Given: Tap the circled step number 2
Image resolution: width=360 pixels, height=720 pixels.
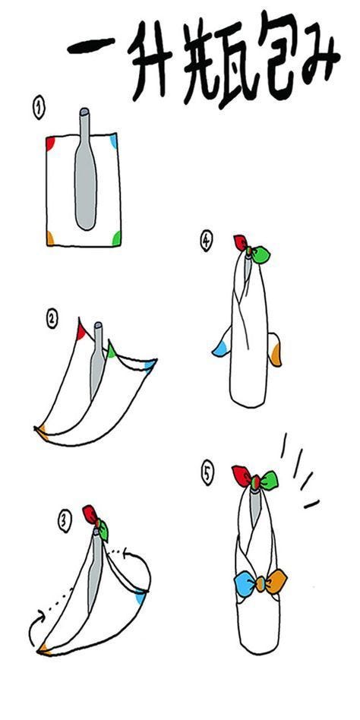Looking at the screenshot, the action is pos(52,318).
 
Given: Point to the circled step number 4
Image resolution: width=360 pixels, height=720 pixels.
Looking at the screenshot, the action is pos(207,241).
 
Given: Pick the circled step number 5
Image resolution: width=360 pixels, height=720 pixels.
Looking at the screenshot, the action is pos(207,474).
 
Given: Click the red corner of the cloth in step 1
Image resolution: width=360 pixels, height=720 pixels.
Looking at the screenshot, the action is pos(50,144).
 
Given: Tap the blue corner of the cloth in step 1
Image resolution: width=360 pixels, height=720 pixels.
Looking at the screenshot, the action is pos(114,141).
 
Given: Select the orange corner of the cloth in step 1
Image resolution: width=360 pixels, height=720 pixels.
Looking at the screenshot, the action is pos(50,238).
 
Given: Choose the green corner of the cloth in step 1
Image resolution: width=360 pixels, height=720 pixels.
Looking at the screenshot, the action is pos(117,238).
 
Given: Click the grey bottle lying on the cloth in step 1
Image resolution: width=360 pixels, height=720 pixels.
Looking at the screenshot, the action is pos(85,170).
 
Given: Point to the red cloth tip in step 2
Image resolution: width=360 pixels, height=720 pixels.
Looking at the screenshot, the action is pos(81,330).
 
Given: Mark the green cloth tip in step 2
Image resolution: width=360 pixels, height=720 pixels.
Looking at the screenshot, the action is pos(112,350).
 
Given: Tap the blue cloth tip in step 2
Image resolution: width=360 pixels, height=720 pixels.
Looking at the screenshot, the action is pos(150,365).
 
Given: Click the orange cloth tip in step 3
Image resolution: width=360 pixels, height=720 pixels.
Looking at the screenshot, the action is pos(43,649).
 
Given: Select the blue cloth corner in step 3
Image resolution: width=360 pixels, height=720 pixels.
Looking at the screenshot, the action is pos(140,598).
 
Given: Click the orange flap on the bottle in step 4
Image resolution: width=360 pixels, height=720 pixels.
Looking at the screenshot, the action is pos(275,349).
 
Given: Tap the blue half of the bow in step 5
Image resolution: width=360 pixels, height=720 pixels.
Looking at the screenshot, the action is pos(245,583).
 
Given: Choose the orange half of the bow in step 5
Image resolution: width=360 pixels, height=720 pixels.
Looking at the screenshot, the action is pos(276,582).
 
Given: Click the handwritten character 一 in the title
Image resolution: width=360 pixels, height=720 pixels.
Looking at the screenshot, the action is pos(92,47).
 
